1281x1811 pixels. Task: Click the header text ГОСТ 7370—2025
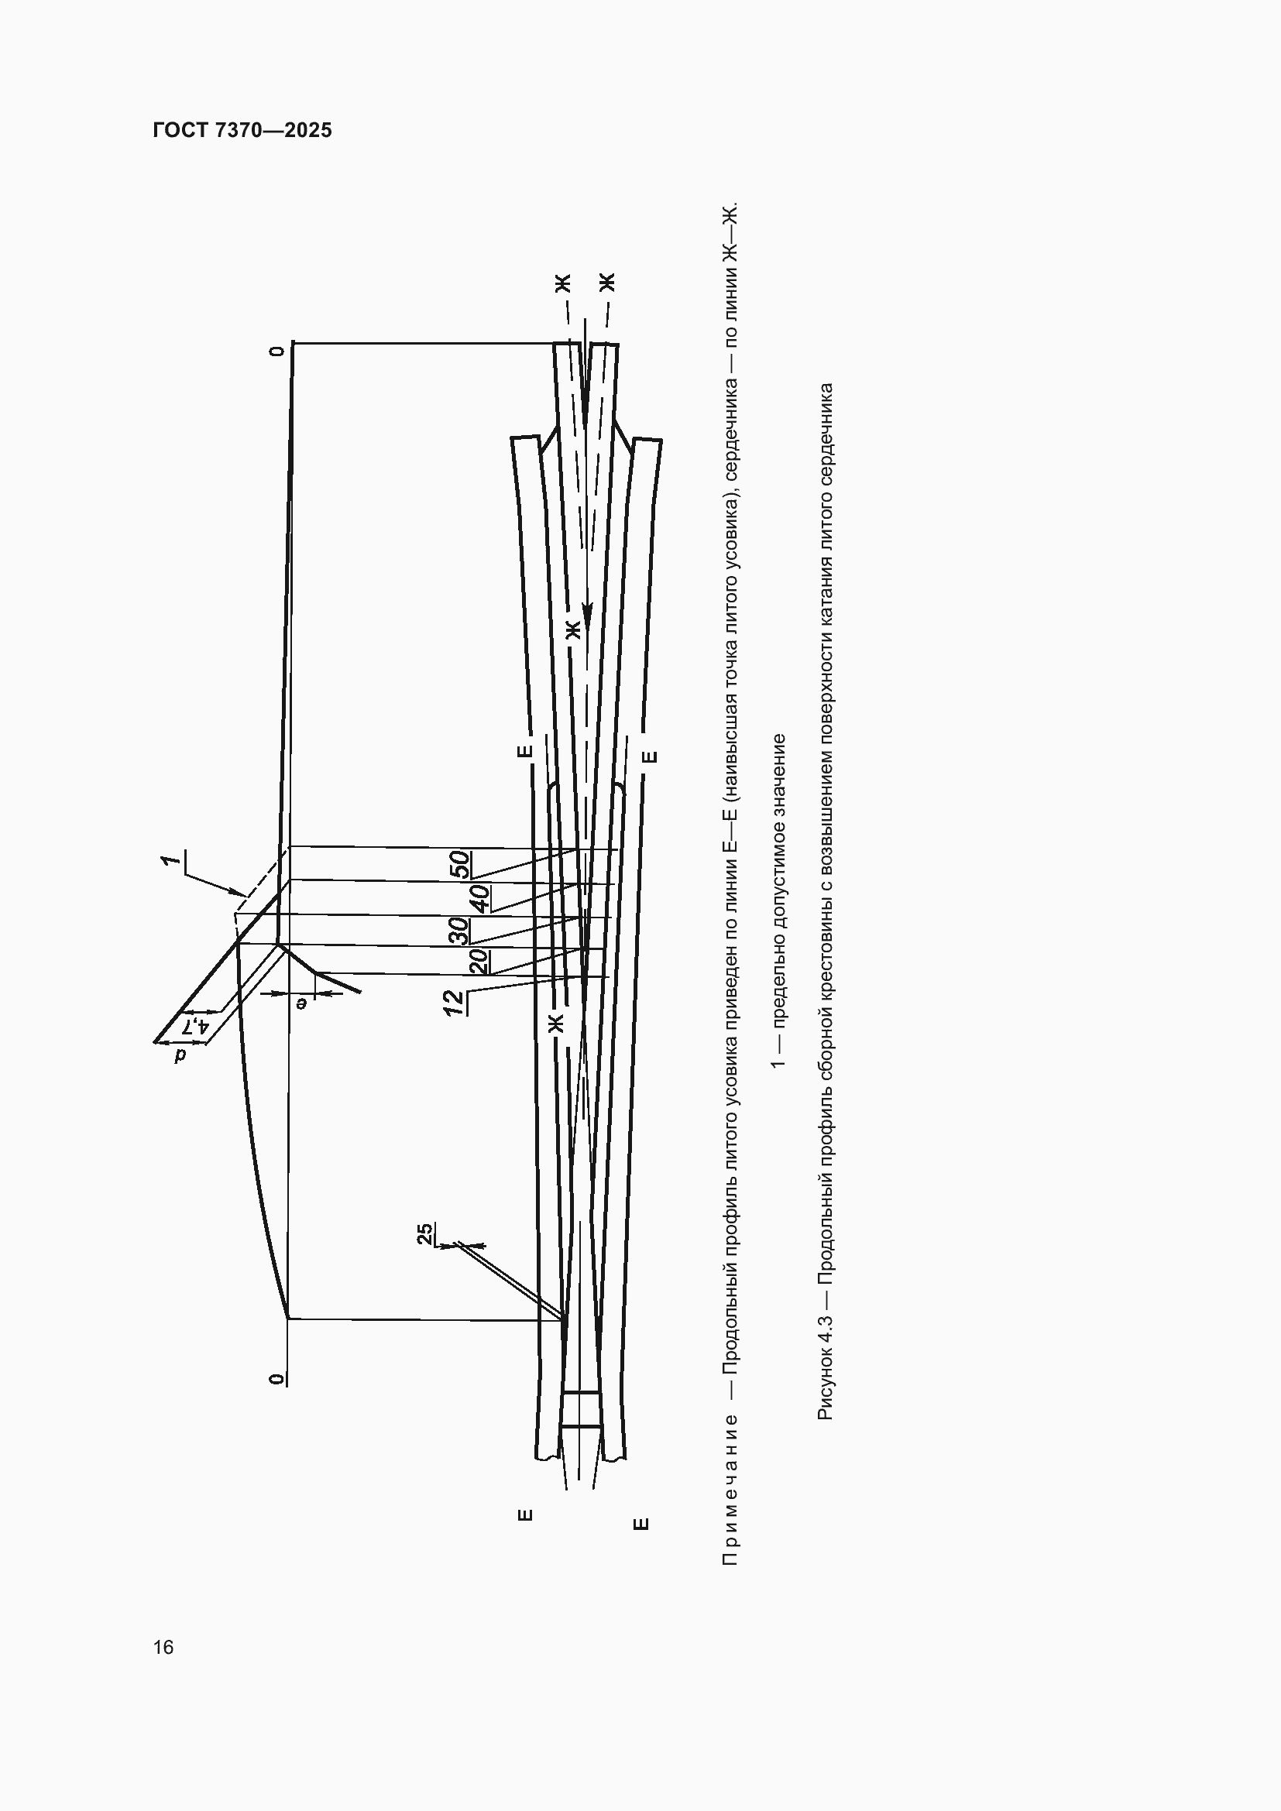[x=242, y=130]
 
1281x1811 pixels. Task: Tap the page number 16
[x=163, y=1647]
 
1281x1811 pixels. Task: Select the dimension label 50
[x=460, y=865]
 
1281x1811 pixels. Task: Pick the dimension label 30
[x=460, y=931]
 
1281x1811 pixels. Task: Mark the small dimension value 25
[x=424, y=1233]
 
